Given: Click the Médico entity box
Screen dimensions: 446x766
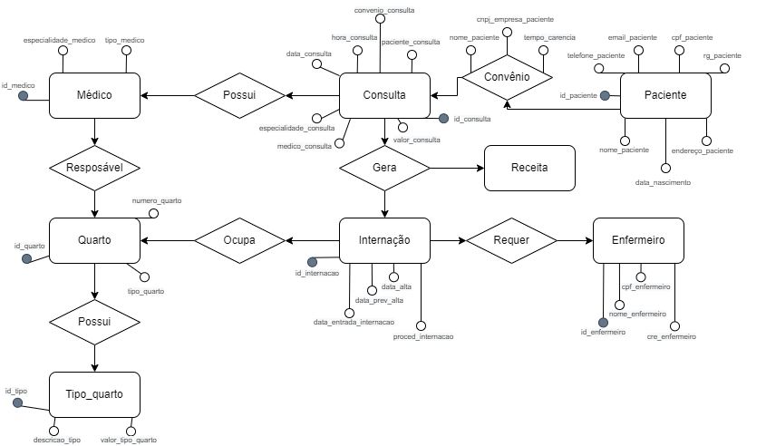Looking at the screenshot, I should tap(94, 95).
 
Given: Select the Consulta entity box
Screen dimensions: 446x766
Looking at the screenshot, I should tap(383, 95).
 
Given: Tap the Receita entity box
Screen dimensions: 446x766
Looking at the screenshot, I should tap(529, 168).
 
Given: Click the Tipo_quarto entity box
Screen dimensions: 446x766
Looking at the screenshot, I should tap(94, 394).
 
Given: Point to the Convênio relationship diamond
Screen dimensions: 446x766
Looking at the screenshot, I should tap(506, 78).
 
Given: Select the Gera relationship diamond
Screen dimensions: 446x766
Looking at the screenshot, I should tap(384, 168).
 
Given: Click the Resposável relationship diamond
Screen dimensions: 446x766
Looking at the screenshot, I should tap(94, 168).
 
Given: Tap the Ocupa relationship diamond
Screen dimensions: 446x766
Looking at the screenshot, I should tap(239, 240).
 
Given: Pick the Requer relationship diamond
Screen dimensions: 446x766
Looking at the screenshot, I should tap(510, 240).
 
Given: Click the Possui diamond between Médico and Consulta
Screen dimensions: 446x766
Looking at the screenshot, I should tap(239, 95).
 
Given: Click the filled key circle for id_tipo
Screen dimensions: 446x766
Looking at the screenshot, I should tap(16, 402).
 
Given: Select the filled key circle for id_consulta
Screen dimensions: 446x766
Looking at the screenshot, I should tap(443, 118).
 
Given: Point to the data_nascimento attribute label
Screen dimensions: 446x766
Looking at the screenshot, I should tap(664, 182).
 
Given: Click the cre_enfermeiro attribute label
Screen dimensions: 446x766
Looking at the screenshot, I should tap(672, 336).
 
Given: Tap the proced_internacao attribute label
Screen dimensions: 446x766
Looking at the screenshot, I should tap(423, 336).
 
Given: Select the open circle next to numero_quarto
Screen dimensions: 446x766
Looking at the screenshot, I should tap(153, 214).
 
